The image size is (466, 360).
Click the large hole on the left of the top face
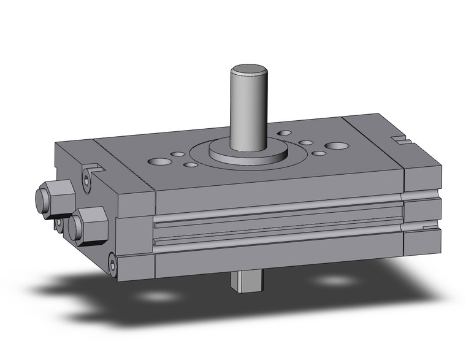[x=160, y=163]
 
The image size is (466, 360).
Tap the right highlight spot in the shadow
[x=335, y=280]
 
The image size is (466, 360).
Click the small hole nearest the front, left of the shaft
[x=191, y=164]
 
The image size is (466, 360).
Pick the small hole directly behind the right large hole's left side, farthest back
[x=285, y=132]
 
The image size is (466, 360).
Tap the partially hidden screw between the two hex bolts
[x=59, y=224]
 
